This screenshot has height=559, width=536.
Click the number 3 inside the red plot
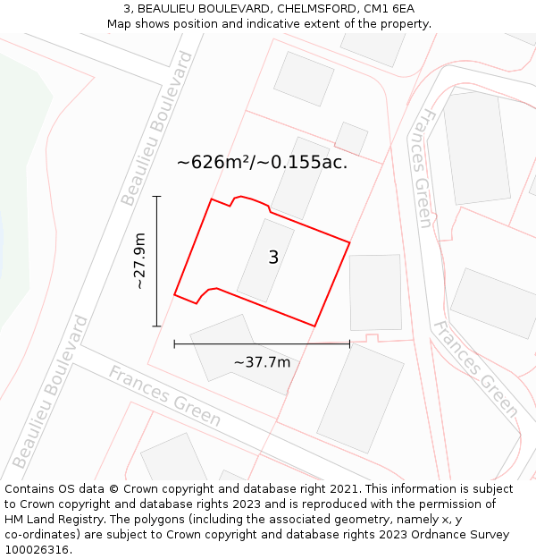pos(273,258)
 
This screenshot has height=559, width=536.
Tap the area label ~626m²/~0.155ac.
pos(262,163)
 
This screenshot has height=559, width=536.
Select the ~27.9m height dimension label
pos(139,260)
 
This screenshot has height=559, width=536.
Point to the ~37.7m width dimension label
pos(262,362)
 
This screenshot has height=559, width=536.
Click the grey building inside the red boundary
pos(264,260)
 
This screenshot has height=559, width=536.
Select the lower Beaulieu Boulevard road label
pos(51,392)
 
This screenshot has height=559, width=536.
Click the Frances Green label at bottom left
pos(164,394)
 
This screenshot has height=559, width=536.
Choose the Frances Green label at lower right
pos(475,368)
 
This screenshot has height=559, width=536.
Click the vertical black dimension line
pos(157,260)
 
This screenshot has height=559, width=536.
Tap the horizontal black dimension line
pos(262,343)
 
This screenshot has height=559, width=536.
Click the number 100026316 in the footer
pos(35,549)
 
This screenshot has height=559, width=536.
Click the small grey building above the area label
pos(351,139)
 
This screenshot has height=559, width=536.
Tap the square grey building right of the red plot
pos(375,292)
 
